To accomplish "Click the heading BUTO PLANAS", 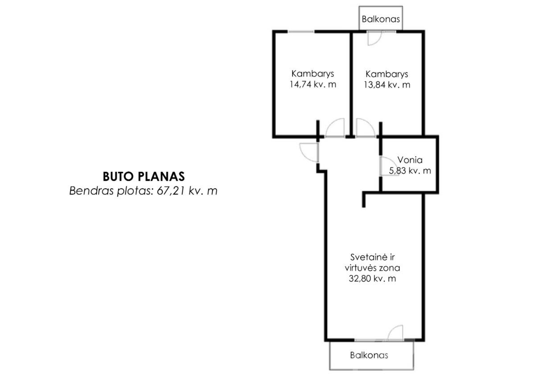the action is tap(144, 177).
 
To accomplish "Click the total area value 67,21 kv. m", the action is tap(187, 191).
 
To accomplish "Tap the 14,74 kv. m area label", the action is tap(313, 85).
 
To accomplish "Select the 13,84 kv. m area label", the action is tap(387, 85).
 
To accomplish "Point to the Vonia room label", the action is tap(410, 160).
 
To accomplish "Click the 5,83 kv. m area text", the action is tap(410, 171).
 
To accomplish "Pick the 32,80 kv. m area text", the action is tap(372, 279).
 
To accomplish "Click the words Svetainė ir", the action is tap(372, 257).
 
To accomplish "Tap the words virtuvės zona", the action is tap(372, 268).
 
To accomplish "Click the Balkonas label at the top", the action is tap(381, 19).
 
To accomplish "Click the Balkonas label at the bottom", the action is tap(369, 355).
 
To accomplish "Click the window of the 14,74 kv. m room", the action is tap(300, 32).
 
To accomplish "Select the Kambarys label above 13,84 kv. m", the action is tap(387, 74).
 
